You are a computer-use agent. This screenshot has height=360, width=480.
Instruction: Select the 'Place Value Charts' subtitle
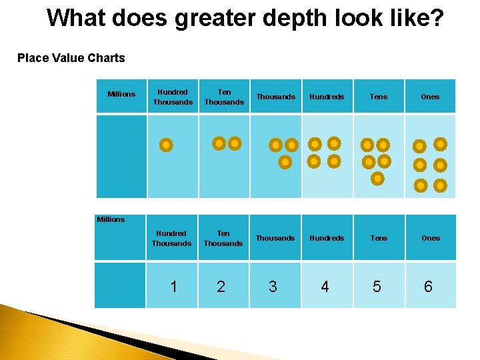71,58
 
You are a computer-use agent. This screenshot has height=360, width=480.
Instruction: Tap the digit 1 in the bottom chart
173,287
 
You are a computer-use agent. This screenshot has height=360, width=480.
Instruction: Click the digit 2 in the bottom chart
221,287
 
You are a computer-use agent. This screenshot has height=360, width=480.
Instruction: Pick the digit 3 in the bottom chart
273,287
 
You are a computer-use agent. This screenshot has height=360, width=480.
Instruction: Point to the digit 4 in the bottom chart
325,287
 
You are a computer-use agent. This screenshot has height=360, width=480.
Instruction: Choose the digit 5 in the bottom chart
377,287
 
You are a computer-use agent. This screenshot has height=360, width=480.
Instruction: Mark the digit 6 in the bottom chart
428,287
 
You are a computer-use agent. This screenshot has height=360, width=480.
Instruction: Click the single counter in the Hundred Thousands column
167,145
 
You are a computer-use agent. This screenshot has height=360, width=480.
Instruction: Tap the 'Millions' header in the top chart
121,94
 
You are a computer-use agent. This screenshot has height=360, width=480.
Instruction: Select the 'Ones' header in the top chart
430,97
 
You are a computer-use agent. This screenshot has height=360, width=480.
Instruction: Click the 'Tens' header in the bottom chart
379,238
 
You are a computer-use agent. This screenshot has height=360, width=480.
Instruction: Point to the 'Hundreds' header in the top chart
327,97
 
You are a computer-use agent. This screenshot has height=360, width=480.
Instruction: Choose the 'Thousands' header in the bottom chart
275,238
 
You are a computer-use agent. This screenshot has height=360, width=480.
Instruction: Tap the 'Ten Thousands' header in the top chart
224,97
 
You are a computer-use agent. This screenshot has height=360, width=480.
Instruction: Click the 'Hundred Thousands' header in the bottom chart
171,238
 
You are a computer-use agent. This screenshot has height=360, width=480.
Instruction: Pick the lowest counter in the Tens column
377,179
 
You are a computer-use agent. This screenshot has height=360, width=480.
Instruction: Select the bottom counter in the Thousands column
285,162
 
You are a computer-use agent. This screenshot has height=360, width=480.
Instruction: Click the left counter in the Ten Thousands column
219,143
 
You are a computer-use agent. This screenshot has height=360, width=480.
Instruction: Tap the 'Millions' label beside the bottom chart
111,219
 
